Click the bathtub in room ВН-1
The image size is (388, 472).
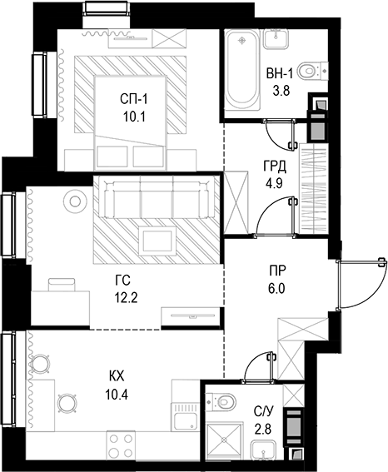242,71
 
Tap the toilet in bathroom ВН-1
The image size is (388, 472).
310,71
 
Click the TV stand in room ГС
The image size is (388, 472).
192,316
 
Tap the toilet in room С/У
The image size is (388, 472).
224,401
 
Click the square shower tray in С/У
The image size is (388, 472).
224,440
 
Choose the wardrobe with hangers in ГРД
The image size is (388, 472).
317,176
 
